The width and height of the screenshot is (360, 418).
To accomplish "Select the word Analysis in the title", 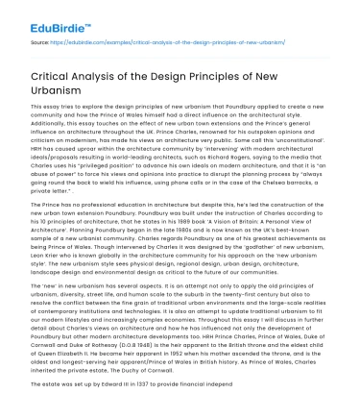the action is click(126, 78).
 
